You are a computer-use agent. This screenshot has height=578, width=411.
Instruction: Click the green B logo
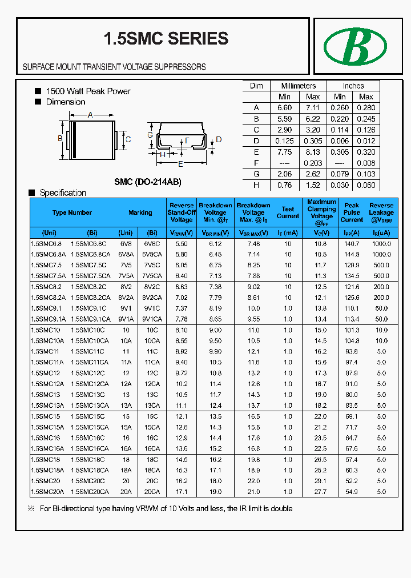coord(355,46)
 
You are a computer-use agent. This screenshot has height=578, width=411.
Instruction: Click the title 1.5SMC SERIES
coord(166,38)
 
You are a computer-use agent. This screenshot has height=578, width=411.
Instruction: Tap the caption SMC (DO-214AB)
coord(148,182)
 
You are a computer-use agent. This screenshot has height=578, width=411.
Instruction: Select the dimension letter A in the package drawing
coord(90,115)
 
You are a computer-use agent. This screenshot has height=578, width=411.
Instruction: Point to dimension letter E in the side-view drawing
coord(180,164)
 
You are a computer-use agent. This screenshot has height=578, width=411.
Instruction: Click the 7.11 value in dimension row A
coord(312,107)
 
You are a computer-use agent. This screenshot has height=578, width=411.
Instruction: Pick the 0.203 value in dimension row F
coord(312,163)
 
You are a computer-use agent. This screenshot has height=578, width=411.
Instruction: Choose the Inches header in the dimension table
coord(353,86)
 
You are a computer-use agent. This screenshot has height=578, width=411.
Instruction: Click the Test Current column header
coord(288,212)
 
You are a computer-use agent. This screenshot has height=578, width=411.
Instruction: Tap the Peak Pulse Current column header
coord(352,212)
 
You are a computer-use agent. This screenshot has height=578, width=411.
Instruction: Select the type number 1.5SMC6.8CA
coord(90,254)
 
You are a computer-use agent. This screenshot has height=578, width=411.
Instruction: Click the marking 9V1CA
coord(152,319)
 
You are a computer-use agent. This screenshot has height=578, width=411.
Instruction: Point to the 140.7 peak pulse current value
coord(352,243)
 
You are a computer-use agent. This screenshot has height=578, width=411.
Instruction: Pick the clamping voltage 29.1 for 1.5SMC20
coord(321,481)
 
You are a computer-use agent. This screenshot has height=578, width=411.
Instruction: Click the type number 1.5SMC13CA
coord(90,406)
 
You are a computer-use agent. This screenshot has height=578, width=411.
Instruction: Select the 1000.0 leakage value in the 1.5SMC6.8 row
coord(381,243)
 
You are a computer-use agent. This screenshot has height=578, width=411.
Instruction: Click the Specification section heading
coord(63,193)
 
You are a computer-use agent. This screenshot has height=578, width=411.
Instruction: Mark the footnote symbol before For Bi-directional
coord(31,508)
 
